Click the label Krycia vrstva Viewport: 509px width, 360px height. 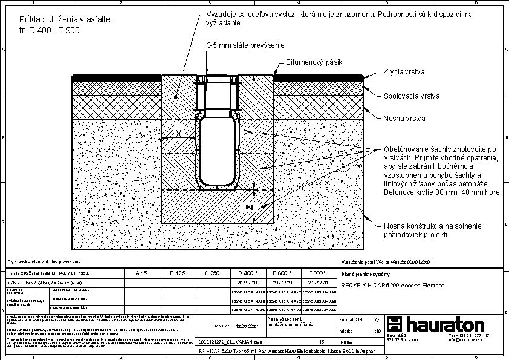[404, 72]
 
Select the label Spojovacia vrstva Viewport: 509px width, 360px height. [412, 96]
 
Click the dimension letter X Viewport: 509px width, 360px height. [178, 133]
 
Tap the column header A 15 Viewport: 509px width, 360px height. [141, 273]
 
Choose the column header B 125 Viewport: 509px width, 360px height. [177, 273]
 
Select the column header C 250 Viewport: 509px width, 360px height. [212, 273]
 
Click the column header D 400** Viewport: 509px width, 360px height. [248, 273]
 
